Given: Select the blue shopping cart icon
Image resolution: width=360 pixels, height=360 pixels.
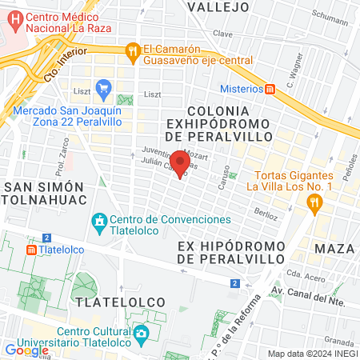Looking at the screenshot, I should [102, 87].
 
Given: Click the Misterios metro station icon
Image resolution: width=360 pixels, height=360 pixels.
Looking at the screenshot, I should [271, 89].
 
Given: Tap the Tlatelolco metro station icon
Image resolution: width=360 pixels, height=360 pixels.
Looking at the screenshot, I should [31, 249].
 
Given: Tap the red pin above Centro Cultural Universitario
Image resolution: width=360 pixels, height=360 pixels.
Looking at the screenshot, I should [183, 310].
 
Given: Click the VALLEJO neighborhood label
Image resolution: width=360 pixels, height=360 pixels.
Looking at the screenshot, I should [218, 7].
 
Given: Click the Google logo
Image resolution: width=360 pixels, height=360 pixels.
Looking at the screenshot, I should [26, 350].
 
